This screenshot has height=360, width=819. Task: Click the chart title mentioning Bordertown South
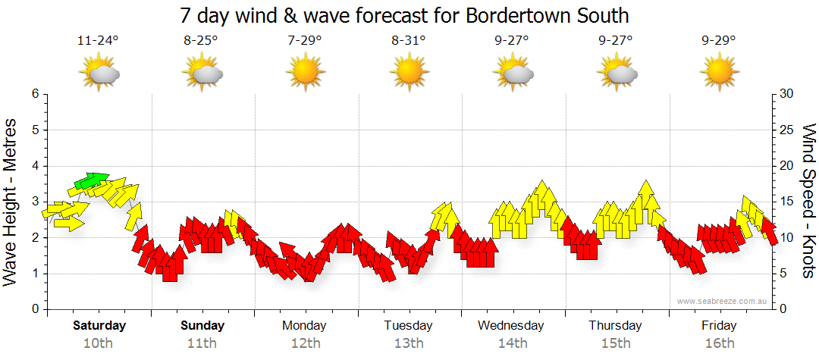[405, 16]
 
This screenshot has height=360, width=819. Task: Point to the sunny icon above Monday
[305, 73]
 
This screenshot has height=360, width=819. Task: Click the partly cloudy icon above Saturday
[99, 74]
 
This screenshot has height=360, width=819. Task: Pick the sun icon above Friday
[719, 73]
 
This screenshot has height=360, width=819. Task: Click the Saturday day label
[99, 326]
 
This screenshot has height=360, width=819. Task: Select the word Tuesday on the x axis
[408, 326]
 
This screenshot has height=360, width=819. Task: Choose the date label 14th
[512, 343]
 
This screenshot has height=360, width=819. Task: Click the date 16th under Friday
[719, 343]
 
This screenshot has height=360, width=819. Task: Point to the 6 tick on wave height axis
[35, 94]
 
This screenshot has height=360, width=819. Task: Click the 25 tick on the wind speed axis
[787, 130]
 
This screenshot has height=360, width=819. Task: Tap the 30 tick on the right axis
[787, 94]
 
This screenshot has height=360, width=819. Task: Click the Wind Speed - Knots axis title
[808, 202]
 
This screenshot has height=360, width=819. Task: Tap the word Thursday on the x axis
[615, 326]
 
